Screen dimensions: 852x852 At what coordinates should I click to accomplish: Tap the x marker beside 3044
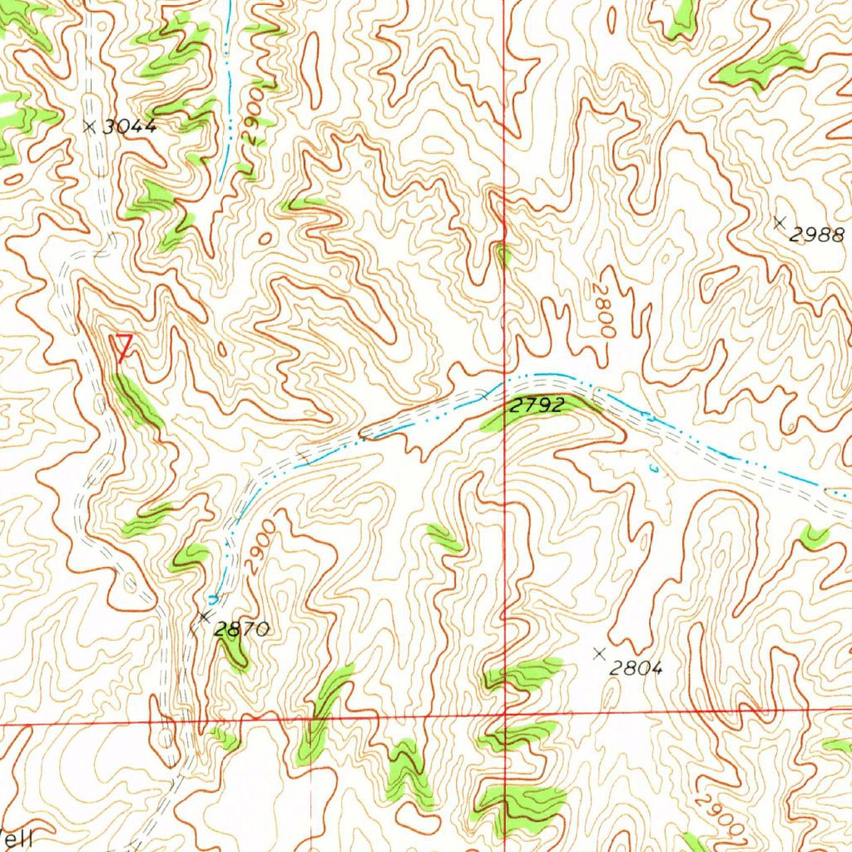90,126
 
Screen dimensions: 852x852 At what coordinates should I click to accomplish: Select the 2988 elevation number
816,235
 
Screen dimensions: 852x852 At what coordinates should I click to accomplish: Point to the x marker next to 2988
779,222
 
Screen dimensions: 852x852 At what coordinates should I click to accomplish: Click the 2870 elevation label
241,630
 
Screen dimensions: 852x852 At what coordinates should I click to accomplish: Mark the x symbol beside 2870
205,617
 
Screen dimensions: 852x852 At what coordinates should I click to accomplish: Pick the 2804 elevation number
636,667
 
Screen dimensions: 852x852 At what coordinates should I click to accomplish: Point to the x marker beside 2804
598,654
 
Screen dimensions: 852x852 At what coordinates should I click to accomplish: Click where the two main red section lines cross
504,713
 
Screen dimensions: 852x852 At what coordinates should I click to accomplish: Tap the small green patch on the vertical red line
502,254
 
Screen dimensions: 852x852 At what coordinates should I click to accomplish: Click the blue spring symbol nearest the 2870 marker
214,597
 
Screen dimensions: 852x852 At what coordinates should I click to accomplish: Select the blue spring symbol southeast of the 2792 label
654,468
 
